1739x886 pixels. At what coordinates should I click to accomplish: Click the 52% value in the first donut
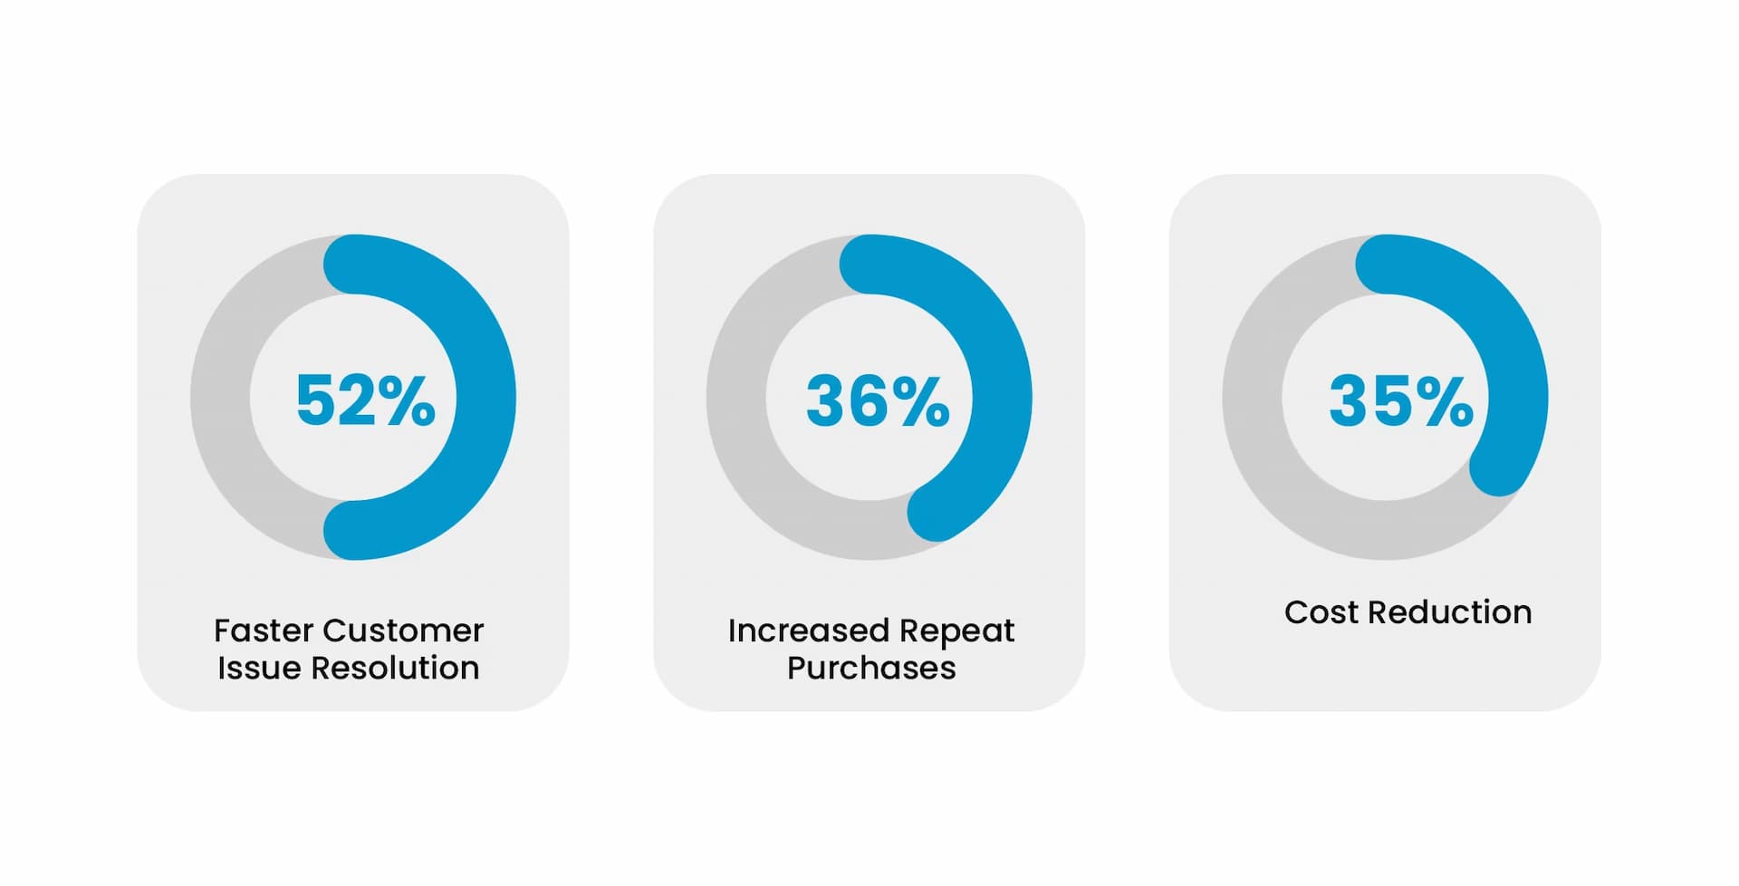click(x=366, y=400)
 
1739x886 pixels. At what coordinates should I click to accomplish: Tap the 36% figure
click(x=878, y=400)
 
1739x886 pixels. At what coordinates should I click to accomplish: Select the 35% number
click(x=1401, y=400)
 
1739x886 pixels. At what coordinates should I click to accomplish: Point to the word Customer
click(x=403, y=630)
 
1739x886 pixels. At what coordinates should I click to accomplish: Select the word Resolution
click(x=395, y=668)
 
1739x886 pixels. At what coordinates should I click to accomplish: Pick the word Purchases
click(x=871, y=668)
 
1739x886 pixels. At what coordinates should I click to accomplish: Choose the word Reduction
click(x=1450, y=612)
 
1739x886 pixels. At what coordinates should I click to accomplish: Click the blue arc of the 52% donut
click(x=486, y=397)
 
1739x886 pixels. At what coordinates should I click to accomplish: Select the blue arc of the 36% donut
click(x=1003, y=397)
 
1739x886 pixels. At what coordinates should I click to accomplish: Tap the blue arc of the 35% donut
click(x=1518, y=380)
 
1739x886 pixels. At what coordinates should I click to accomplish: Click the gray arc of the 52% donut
click(x=220, y=397)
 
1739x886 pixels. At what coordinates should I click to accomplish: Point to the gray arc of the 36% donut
click(x=736, y=397)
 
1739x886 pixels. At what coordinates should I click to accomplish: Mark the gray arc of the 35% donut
click(x=1253, y=397)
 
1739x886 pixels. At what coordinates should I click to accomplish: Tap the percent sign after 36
click(x=920, y=400)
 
